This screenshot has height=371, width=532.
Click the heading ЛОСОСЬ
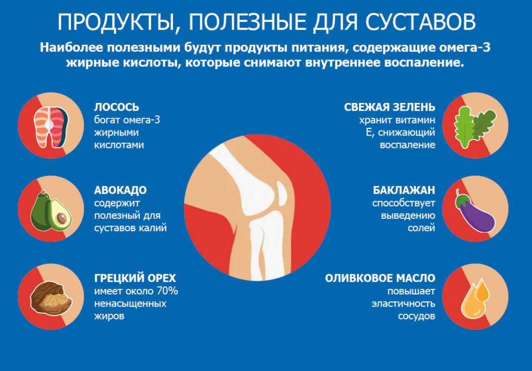[116, 107]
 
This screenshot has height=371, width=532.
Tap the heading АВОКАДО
[120, 190]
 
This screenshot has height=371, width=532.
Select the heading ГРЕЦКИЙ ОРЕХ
[135, 278]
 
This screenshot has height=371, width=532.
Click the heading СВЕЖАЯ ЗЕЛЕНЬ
[390, 107]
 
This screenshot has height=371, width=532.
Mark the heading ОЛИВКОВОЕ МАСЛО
[380, 278]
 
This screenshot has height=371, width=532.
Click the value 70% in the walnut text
[166, 291]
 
